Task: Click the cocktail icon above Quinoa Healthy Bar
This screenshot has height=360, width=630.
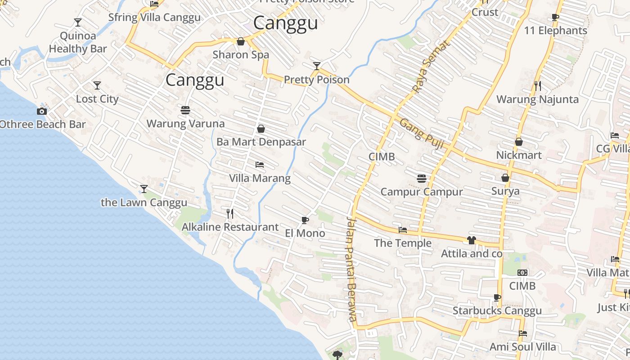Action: coord(78,22)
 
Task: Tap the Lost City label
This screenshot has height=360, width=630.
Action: coord(97,99)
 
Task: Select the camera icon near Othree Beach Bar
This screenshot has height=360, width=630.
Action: coord(42,111)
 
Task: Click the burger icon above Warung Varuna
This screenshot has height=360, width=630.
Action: coord(185,110)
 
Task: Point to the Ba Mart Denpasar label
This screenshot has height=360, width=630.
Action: coord(261,142)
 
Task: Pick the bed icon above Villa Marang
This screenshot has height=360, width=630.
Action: coord(260,165)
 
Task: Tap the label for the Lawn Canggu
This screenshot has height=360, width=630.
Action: coord(144,202)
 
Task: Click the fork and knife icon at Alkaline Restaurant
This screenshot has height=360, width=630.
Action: coord(230,213)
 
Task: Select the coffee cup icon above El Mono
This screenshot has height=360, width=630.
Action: coord(305,220)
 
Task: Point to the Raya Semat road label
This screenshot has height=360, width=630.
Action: coord(431,67)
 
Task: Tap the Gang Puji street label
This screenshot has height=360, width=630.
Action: coord(422,134)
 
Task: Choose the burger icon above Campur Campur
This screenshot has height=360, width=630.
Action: coord(422,179)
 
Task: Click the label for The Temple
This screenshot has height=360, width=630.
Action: coord(403,243)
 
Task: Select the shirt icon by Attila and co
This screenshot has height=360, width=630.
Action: coord(471,240)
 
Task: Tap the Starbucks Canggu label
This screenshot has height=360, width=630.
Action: coord(497,310)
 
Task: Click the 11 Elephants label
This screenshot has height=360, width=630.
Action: coord(556,31)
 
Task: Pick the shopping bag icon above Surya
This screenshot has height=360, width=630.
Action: coord(505,178)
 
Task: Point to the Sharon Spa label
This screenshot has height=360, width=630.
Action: coord(241,55)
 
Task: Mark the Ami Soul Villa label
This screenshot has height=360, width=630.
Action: coord(522,346)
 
